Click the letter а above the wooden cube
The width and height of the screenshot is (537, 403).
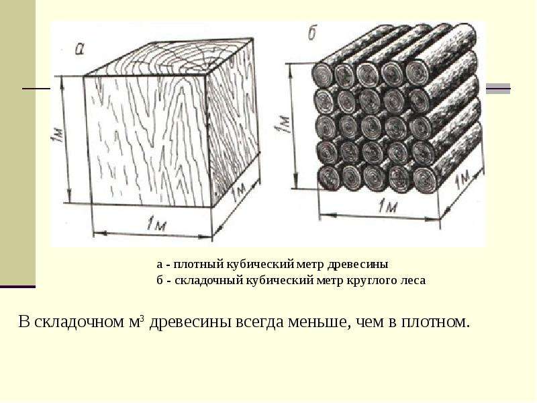point(79,50)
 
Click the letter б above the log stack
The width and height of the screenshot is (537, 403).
point(312,34)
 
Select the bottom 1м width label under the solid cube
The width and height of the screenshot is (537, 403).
point(156,225)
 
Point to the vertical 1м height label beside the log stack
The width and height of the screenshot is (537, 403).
point(283,124)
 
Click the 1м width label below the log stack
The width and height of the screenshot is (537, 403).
point(388,207)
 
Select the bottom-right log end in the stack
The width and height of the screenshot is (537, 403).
point(424,179)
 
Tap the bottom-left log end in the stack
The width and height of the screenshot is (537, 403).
point(328,177)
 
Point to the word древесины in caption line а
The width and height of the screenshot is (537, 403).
point(358,265)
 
